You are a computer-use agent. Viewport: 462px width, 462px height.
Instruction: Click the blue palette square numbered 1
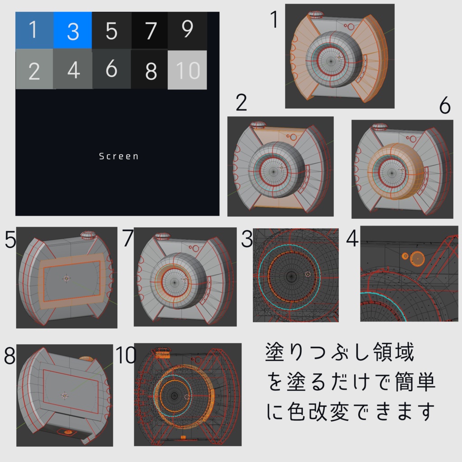point(34,30)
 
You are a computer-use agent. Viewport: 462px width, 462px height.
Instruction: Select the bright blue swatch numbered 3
point(73,30)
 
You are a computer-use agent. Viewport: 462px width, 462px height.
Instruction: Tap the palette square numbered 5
point(111,30)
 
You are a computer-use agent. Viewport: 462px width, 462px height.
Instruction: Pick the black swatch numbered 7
point(150,30)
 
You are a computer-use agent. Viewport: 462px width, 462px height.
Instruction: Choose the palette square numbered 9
point(187,30)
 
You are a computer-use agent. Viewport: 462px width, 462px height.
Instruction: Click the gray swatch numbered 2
point(34,69)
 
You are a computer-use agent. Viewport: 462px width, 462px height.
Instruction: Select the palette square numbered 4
point(73,69)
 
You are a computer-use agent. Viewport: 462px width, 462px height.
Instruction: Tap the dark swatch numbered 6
point(111,69)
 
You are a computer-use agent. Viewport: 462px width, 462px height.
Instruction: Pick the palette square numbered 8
point(150,69)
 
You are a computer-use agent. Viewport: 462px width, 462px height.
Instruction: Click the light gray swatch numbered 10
point(187,69)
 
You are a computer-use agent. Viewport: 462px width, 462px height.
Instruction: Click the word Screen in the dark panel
point(119,156)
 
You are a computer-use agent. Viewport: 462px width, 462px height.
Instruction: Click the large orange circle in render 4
point(418,258)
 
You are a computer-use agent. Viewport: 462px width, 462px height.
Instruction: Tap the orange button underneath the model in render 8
point(68,432)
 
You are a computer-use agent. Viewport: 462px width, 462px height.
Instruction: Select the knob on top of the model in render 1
point(317,15)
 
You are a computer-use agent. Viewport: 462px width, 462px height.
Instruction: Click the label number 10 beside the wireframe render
point(126,355)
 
